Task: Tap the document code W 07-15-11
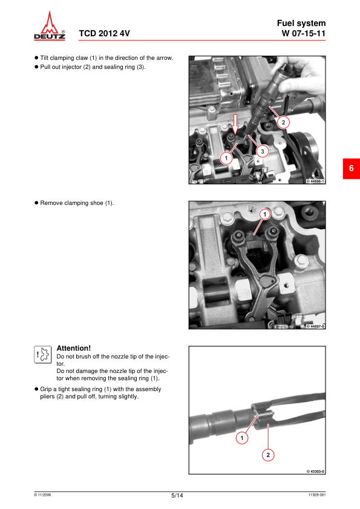pyautogui.click(x=304, y=33)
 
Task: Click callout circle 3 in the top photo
pyautogui.click(x=261, y=151)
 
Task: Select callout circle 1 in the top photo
pyautogui.click(x=226, y=158)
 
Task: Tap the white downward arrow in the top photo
pyautogui.click(x=237, y=125)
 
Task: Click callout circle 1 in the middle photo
pyautogui.click(x=264, y=214)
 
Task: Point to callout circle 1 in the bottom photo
pyautogui.click(x=243, y=437)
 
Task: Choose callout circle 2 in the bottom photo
pyautogui.click(x=269, y=454)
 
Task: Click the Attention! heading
pyautogui.click(x=73, y=348)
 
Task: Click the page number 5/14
pyautogui.click(x=177, y=496)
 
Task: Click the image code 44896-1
pyautogui.click(x=315, y=181)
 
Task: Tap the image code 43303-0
pyautogui.click(x=315, y=471)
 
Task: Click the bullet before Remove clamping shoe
pyautogui.click(x=36, y=203)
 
